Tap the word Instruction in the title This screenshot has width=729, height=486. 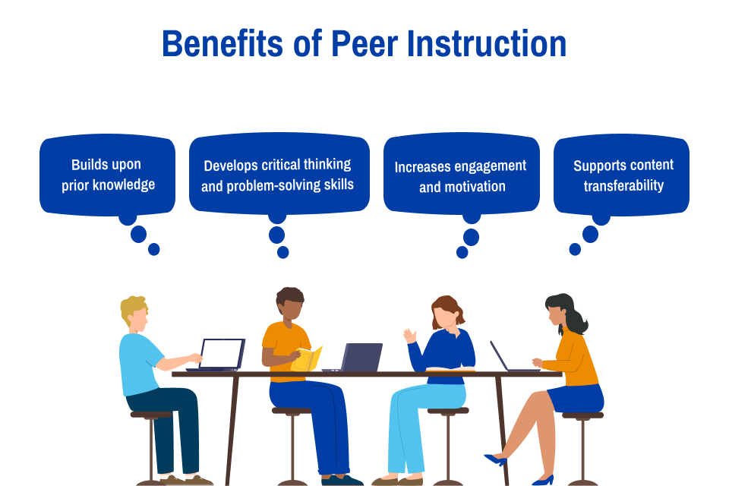(487, 44)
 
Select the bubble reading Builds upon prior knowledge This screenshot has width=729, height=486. (107, 175)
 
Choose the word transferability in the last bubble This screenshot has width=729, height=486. (623, 185)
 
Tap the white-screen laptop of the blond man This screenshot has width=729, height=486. (221, 354)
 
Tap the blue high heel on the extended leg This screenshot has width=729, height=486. (495, 459)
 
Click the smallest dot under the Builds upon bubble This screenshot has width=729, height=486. (154, 249)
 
